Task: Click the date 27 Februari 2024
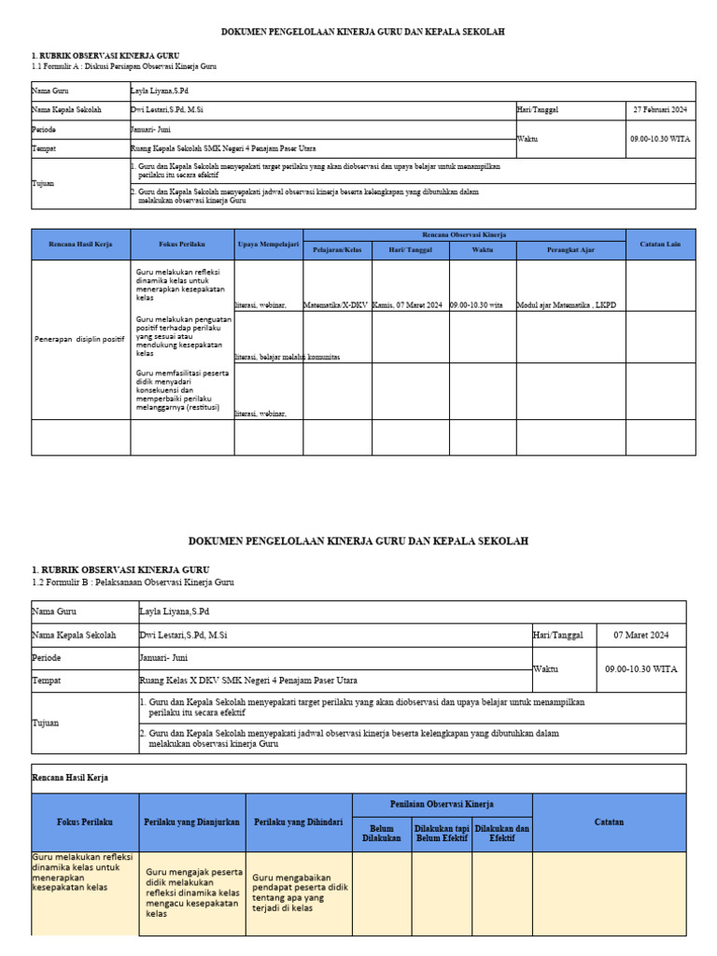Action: click(660, 110)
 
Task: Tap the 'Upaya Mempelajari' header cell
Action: click(268, 244)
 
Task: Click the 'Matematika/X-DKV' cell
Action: click(337, 305)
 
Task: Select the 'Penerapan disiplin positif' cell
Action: click(79, 339)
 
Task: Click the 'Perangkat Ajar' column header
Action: click(570, 250)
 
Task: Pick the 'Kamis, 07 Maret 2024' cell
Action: click(408, 305)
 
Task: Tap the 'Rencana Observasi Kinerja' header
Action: click(464, 235)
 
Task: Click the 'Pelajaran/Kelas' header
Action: click(337, 250)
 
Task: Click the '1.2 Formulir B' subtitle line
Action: click(134, 583)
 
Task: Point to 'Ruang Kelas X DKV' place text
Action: click(247, 681)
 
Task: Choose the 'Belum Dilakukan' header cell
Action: click(381, 833)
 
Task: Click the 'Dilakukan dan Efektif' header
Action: click(501, 833)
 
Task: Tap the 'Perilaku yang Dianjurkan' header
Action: click(192, 822)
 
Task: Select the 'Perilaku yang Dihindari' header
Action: click(299, 822)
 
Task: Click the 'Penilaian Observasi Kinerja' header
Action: click(442, 804)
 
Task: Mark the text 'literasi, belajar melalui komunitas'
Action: click(288, 358)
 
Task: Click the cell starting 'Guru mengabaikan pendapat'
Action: click(299, 893)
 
